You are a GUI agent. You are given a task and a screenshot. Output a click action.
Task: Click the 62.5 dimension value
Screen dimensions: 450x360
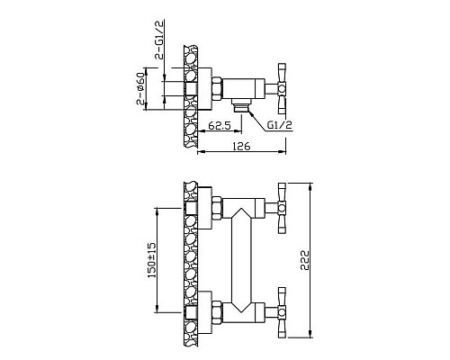click(x=220, y=125)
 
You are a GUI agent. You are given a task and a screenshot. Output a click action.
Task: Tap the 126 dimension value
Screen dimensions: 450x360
click(x=241, y=146)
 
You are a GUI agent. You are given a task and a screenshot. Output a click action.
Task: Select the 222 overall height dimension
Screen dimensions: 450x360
click(x=305, y=260)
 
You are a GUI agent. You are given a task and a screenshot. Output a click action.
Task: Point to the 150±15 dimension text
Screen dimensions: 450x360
click(x=152, y=260)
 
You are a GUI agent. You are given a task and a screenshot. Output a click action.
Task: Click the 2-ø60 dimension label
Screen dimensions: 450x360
click(x=141, y=89)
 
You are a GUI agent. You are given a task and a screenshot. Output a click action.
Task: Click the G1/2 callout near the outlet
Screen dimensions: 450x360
click(x=280, y=125)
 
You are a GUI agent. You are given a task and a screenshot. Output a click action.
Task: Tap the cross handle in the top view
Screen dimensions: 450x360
click(x=282, y=88)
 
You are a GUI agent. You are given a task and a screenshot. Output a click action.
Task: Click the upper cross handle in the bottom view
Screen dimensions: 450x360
click(x=282, y=208)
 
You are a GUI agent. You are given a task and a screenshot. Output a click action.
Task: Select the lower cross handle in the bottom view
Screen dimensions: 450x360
click(x=282, y=312)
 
